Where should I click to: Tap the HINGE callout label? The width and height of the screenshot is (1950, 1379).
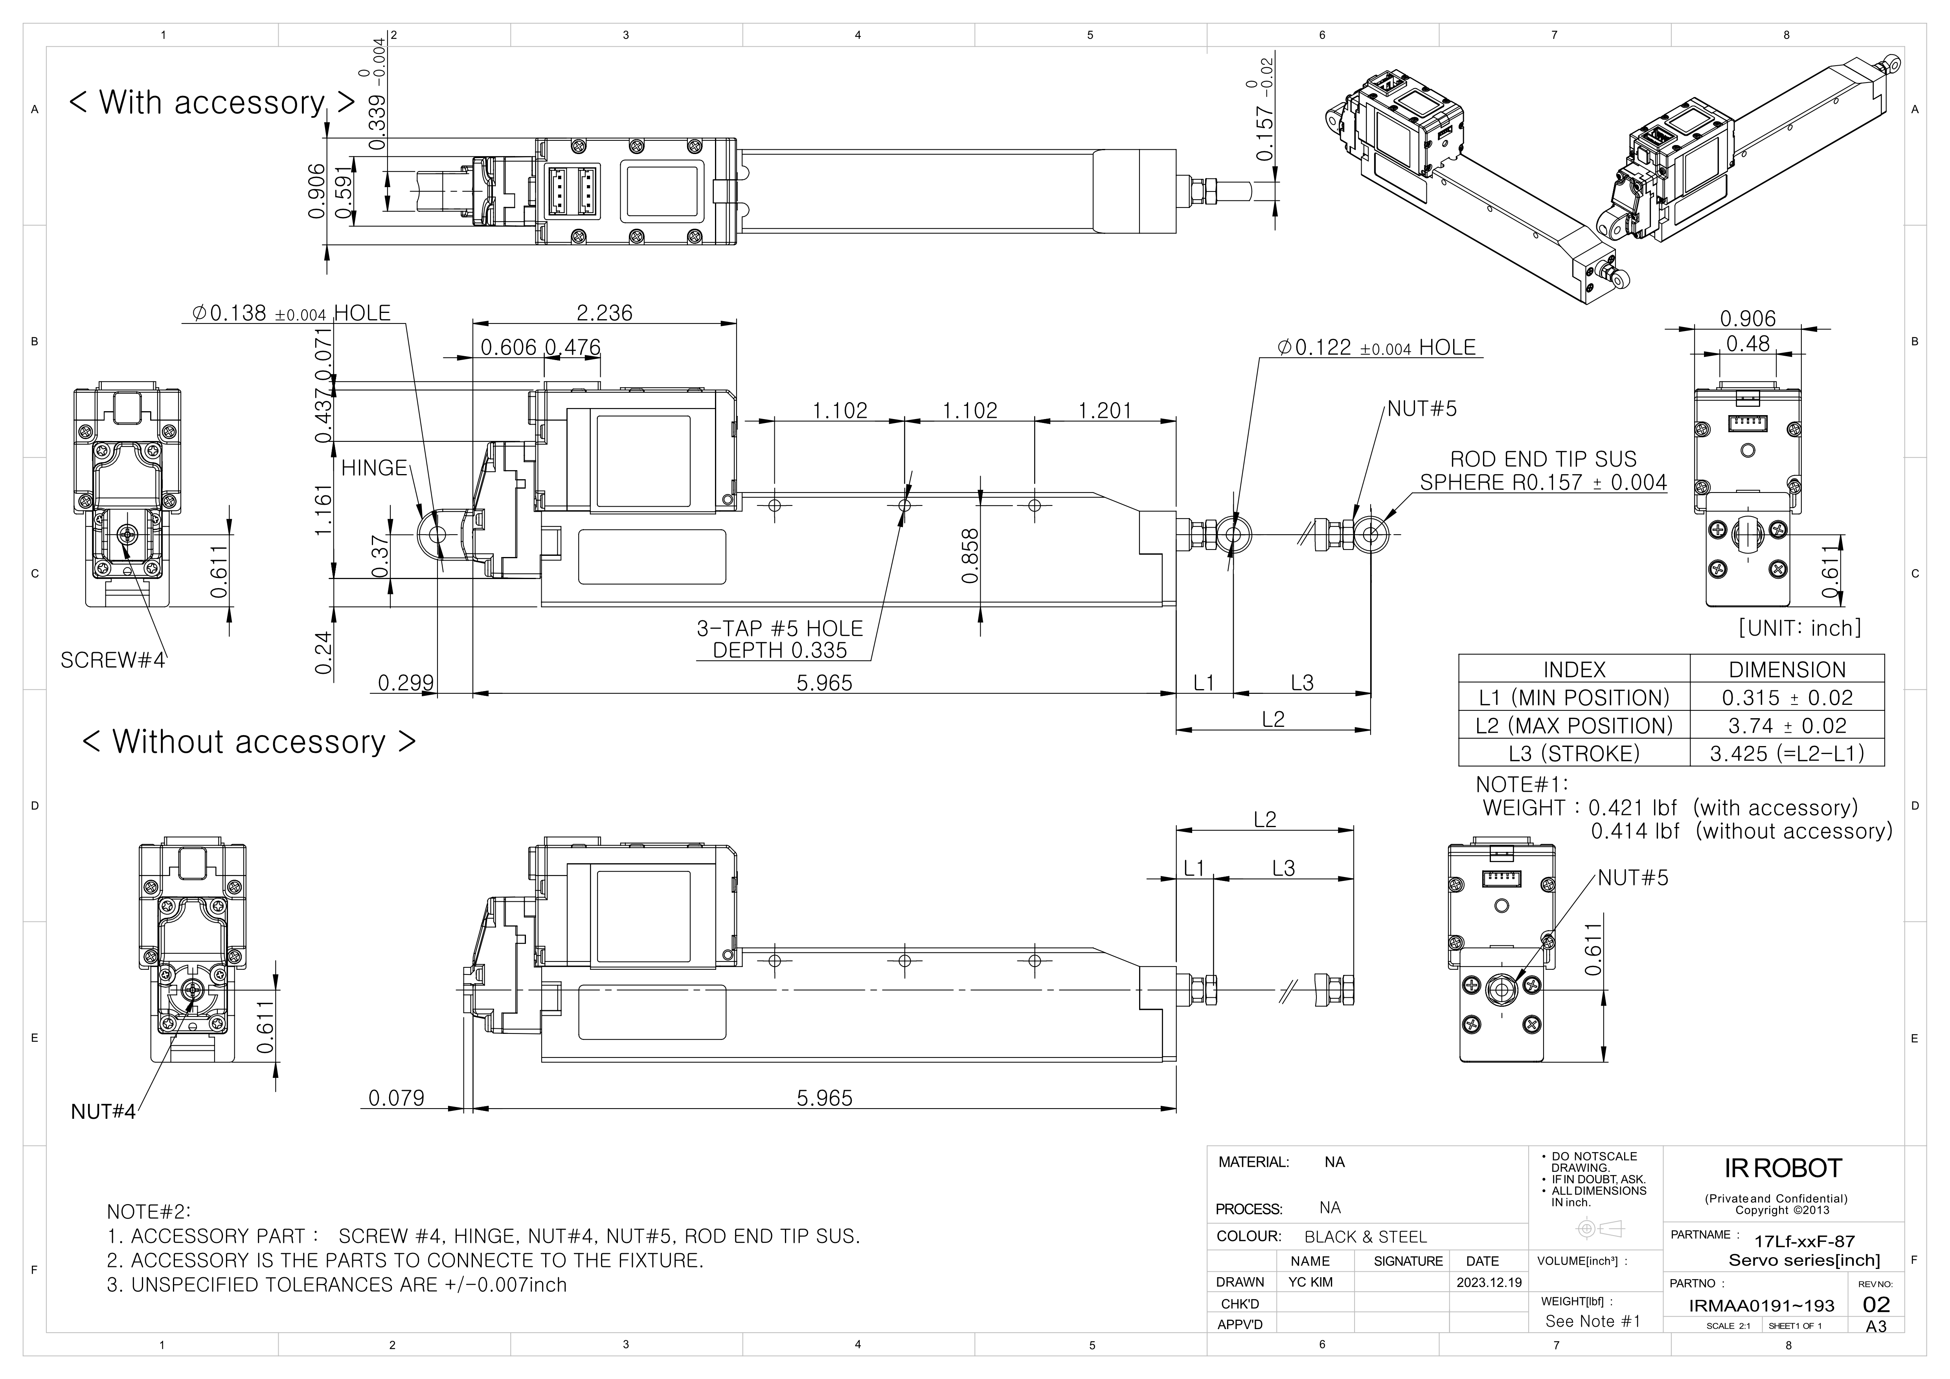coord(374,468)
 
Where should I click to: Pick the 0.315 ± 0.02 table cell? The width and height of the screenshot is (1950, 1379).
coord(1787,698)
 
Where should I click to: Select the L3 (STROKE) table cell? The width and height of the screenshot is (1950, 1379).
coord(1574,754)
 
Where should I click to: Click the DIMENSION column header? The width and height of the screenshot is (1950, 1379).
coord(1787,670)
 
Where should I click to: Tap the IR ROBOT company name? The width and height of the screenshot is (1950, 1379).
coord(1783,1169)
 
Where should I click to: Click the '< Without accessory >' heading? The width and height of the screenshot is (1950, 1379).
coord(249,742)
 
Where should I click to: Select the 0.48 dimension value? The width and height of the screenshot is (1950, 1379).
coord(1747,344)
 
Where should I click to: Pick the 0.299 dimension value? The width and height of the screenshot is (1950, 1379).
coord(405,683)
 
